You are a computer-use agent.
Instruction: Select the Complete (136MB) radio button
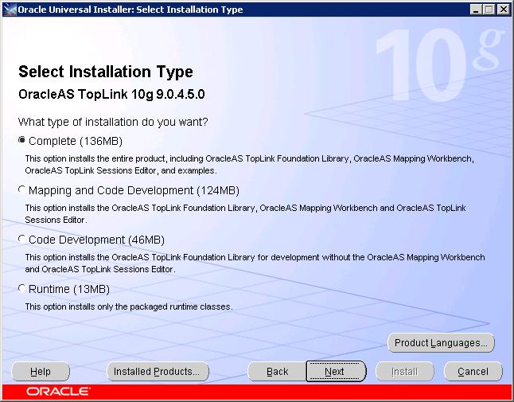pos(21,141)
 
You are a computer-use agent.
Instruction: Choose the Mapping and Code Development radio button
pos(21,190)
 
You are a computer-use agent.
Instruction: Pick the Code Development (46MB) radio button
pos(21,240)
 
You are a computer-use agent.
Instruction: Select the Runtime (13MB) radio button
pos(21,289)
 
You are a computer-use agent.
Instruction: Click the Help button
pos(41,372)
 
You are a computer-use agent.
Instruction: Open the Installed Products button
pos(157,372)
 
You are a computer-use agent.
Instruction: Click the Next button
pos(335,372)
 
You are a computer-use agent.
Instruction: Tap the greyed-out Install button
pos(404,372)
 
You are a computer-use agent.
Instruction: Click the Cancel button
pos(473,372)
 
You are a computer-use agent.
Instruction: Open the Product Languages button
pos(442,343)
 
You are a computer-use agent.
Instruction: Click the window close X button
pos(504,10)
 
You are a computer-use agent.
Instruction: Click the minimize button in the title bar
pos(477,10)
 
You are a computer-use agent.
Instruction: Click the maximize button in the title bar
pos(490,10)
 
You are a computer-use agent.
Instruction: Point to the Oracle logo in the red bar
pos(58,392)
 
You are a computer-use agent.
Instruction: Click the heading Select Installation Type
pos(106,72)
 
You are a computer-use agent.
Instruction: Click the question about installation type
pos(113,122)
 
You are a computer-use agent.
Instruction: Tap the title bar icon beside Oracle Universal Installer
pos(9,10)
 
